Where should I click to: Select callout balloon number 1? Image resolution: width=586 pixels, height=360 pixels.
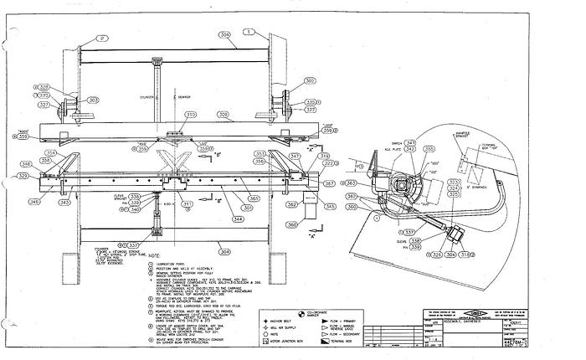click(249, 29)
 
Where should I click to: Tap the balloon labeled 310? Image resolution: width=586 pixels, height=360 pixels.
click(191, 115)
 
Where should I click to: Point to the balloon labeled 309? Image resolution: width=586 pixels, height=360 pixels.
click(224, 114)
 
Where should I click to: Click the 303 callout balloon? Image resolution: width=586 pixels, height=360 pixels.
click(93, 100)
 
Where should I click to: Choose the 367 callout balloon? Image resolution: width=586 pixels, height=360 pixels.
click(330, 182)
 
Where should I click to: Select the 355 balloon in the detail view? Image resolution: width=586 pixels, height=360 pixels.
click(430, 148)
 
